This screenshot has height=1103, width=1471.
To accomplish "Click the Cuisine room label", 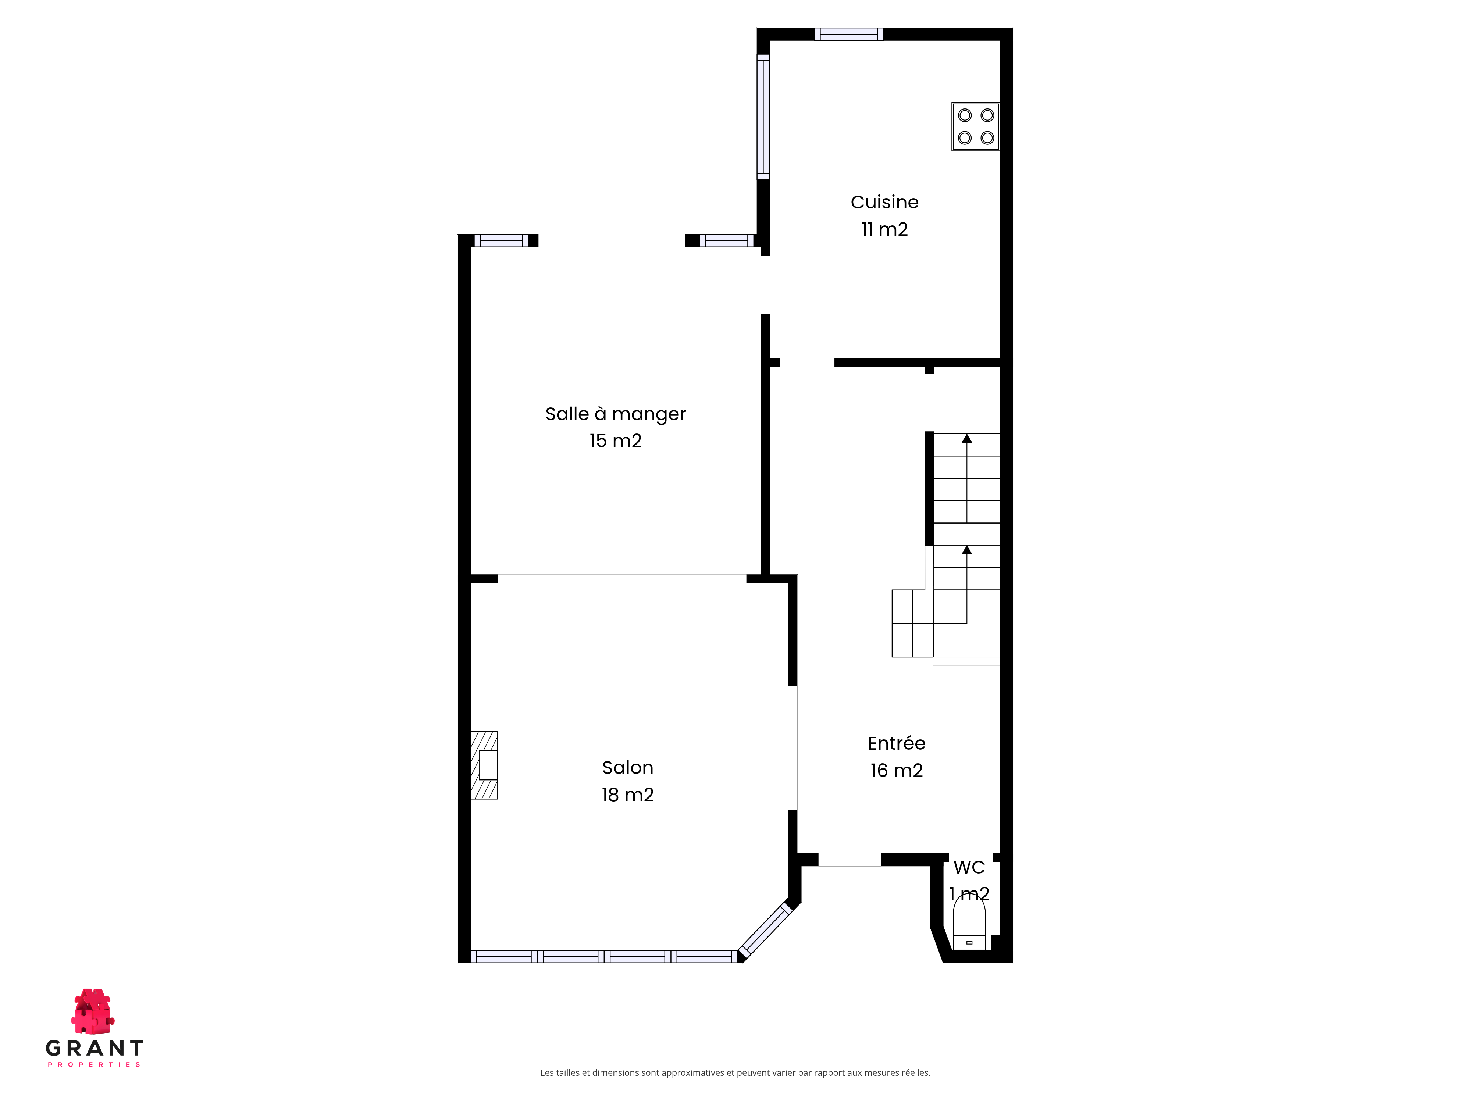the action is [884, 202].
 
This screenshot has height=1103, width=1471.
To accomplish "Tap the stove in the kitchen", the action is [976, 126].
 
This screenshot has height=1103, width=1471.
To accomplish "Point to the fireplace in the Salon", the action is [484, 765].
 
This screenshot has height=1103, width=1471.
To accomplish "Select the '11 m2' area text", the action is [884, 229].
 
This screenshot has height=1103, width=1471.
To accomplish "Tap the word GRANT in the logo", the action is [95, 1049].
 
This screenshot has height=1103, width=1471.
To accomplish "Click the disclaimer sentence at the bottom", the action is [735, 1072].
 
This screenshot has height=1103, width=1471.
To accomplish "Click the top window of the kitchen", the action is [848, 34].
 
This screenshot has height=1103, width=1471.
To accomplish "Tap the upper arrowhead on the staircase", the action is [967, 438].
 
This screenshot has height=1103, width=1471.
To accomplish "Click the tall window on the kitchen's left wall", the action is [763, 116].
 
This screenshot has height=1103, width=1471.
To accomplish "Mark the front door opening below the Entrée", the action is [849, 860].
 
